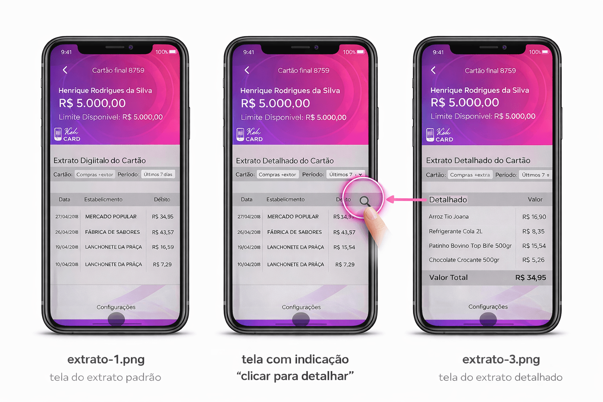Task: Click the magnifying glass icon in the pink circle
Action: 364,201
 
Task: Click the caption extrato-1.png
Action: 106,359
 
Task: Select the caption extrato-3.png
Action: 501,359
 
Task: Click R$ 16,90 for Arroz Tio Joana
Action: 534,217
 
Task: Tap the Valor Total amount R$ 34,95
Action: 530,278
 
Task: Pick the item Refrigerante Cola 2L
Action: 455,231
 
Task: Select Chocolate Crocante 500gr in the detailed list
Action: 464,260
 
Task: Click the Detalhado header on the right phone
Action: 448,200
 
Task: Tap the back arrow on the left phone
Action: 65,70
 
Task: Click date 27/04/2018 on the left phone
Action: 67,217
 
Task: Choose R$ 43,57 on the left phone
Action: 163,232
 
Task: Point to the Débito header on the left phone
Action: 162,199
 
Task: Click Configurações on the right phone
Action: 488,307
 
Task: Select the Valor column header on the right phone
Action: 535,199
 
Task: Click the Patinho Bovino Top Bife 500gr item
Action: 470,246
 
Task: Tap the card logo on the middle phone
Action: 250,134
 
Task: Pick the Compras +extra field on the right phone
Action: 470,175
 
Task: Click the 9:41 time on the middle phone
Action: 249,52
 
